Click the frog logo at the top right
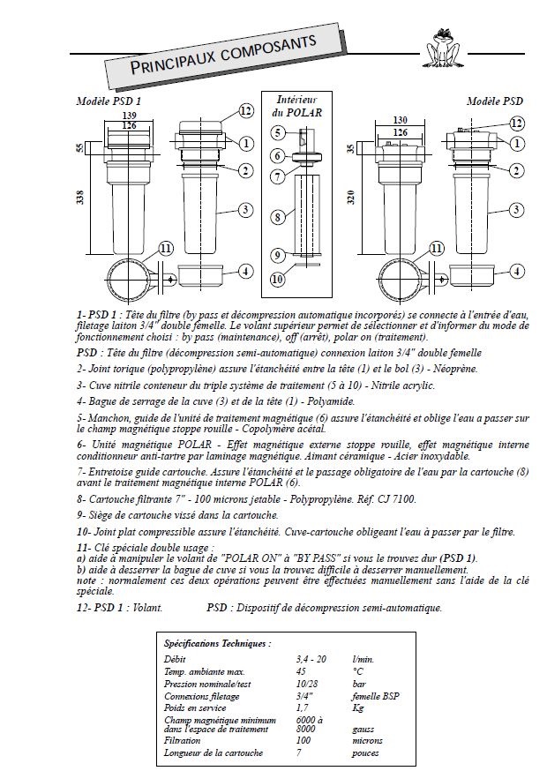442,48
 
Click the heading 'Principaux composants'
223,55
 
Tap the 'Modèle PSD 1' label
109,101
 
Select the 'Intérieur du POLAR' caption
296,106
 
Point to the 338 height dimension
80,198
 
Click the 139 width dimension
130,116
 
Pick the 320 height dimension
351,198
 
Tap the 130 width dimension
401,120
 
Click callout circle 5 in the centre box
278,132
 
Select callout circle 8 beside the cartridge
278,217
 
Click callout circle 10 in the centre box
278,280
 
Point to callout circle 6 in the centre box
278,156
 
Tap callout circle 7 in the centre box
279,176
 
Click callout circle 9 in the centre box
278,255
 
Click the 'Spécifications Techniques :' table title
217,643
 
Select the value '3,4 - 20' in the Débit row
311,659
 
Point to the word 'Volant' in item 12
147,607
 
